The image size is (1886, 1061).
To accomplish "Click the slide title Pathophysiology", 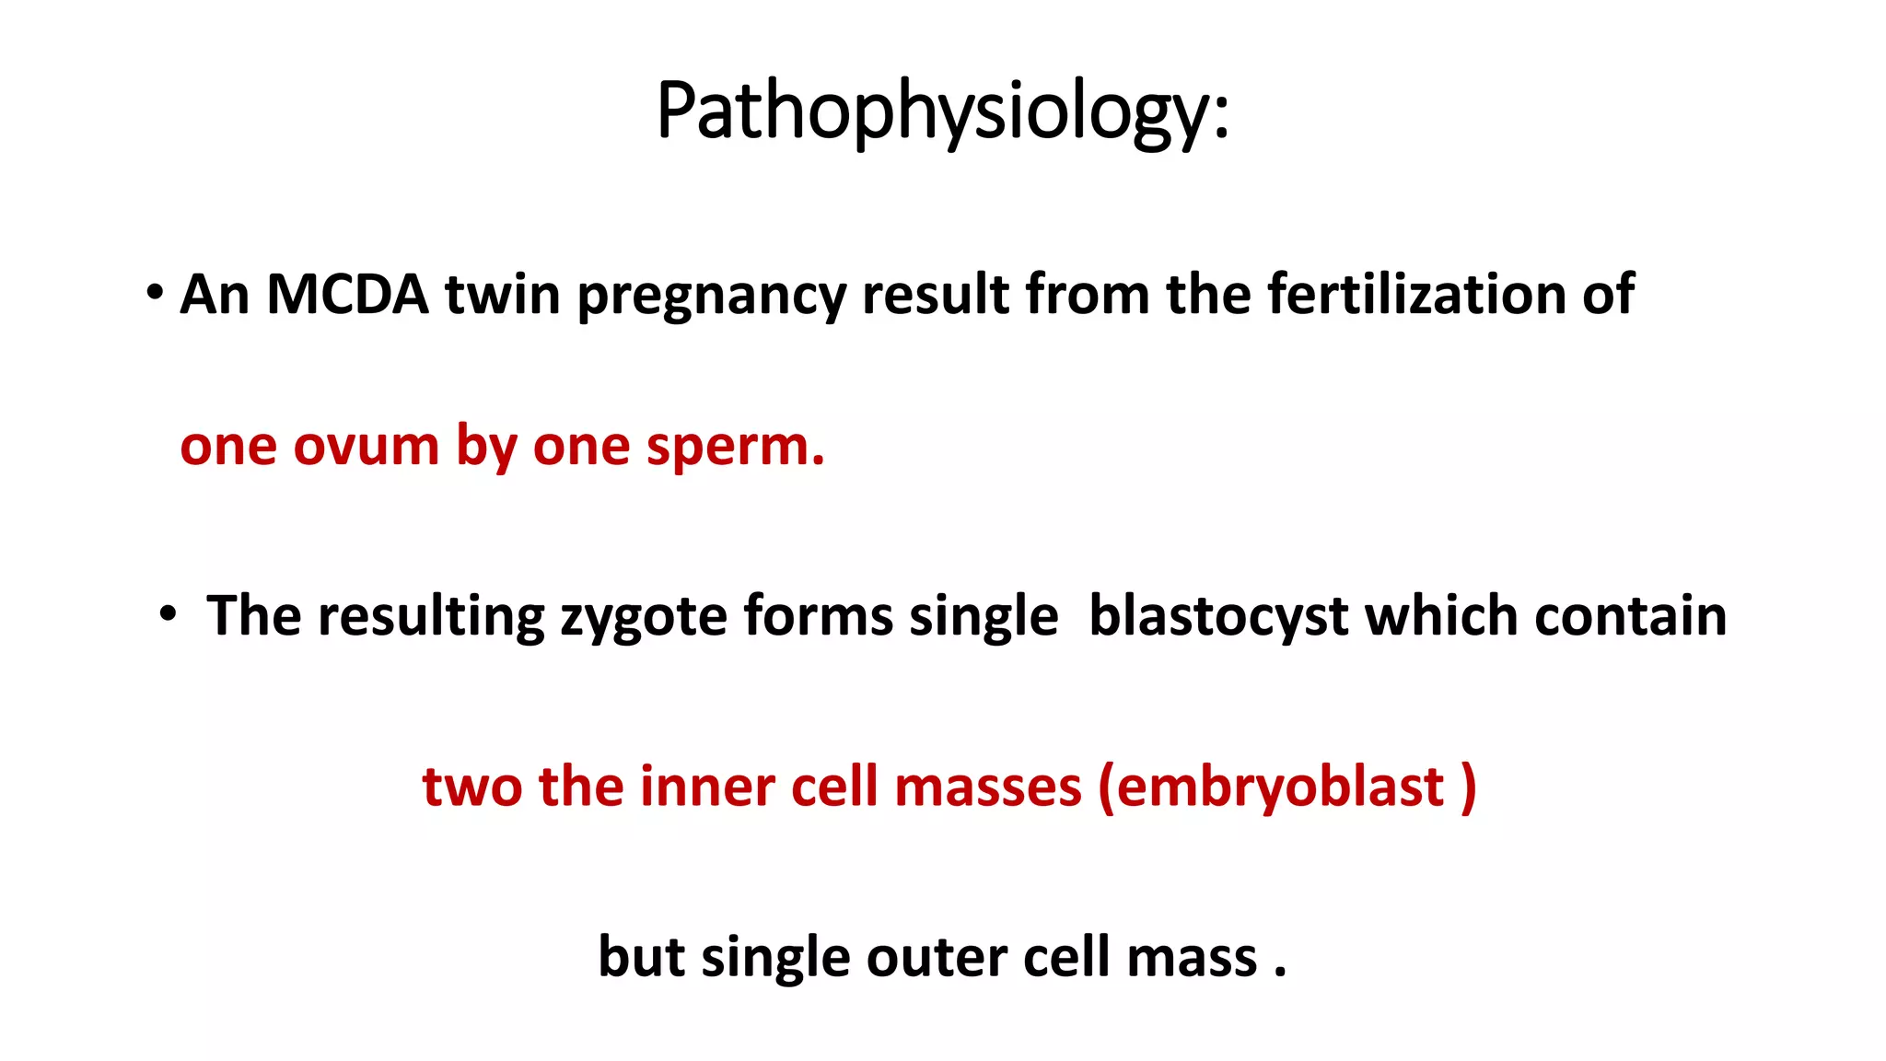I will coord(942,111).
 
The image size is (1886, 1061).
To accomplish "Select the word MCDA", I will coord(347,295).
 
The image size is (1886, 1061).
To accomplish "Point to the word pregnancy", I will coord(711,297).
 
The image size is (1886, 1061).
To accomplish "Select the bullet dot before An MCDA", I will coord(155,294).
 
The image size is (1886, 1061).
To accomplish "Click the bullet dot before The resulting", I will coord(167,614).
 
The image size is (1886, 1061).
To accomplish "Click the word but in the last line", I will coord(641,958).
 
